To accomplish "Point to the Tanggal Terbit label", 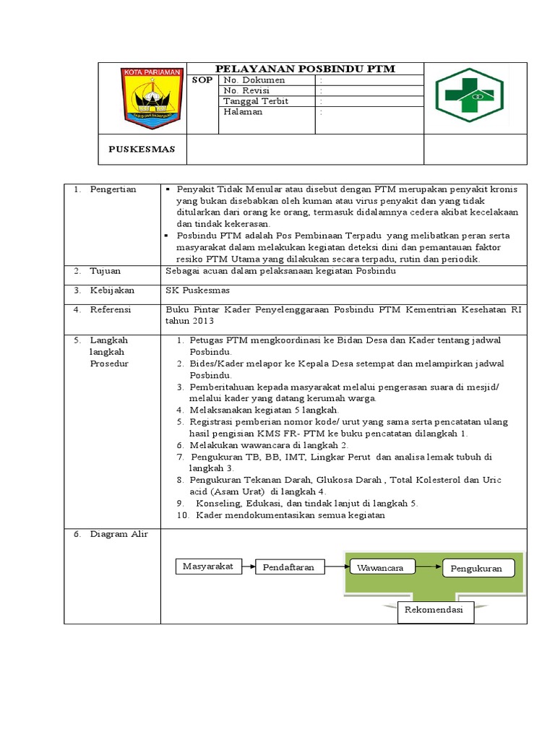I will (x=256, y=101).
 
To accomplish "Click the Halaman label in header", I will (x=243, y=112).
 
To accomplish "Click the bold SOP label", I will (x=202, y=80).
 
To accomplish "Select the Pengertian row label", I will (x=113, y=189).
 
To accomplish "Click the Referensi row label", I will (x=110, y=309).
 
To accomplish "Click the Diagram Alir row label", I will (x=119, y=534).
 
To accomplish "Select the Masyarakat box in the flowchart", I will (x=207, y=567).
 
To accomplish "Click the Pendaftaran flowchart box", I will (x=288, y=568).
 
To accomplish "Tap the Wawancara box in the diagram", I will (x=380, y=568).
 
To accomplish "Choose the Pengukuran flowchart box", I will (x=476, y=569).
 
